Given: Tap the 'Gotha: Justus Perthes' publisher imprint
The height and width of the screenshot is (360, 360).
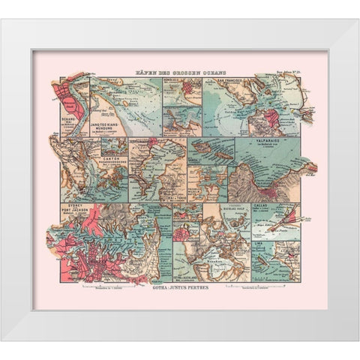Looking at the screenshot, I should pyautogui.click(x=180, y=286).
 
